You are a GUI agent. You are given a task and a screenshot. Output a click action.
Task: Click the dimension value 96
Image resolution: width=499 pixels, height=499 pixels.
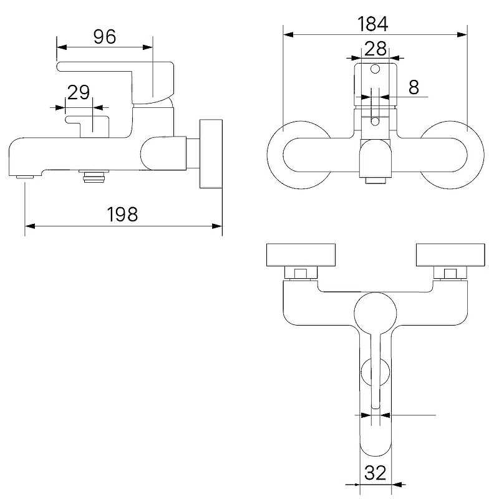[x=105, y=37]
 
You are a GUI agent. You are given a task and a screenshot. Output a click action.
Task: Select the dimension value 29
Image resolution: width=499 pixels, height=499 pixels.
[x=79, y=92]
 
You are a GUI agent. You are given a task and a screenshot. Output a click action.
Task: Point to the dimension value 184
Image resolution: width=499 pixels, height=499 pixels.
[x=373, y=24]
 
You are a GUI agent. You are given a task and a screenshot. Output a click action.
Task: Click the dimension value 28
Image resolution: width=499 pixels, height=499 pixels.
[x=375, y=47]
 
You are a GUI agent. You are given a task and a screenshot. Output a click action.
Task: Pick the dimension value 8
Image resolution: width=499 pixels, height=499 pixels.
[x=414, y=87]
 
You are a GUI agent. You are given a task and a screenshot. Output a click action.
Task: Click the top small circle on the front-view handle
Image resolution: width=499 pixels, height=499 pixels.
[x=375, y=69]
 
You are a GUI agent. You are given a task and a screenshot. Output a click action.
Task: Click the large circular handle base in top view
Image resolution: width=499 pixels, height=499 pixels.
[x=375, y=313]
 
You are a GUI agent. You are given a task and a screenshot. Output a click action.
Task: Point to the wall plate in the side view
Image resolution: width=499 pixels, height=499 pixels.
[x=211, y=153]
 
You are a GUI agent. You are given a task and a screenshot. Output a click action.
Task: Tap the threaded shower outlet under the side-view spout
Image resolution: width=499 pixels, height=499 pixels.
[x=94, y=178]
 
